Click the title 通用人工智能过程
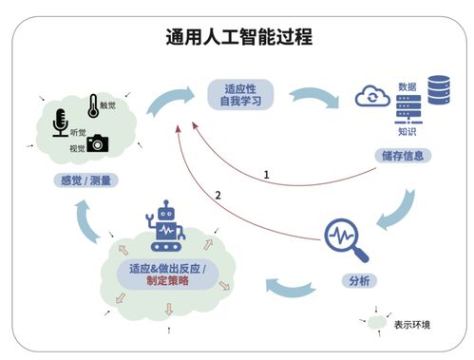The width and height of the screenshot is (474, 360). (237, 38)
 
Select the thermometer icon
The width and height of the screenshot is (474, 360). (93, 104)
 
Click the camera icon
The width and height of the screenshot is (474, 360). (98, 143)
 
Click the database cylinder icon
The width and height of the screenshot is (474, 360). (438, 91)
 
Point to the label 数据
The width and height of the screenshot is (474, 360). (408, 85)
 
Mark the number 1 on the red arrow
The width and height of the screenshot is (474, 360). (267, 174)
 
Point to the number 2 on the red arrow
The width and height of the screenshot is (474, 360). (218, 195)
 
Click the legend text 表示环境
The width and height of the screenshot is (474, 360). (412, 325)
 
